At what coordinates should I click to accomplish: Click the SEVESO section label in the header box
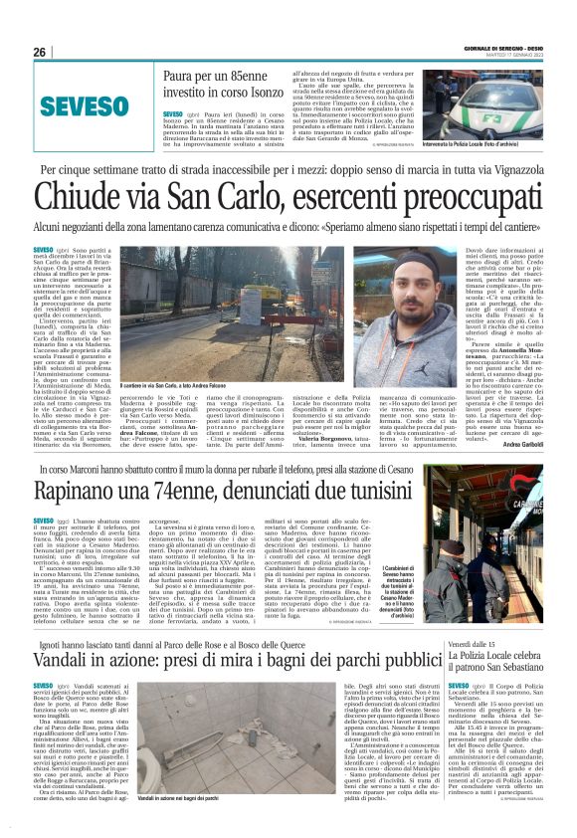[81, 105]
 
